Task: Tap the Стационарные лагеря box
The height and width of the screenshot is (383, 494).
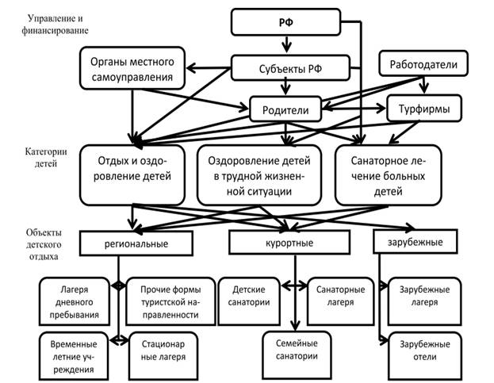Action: [x=164, y=350]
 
